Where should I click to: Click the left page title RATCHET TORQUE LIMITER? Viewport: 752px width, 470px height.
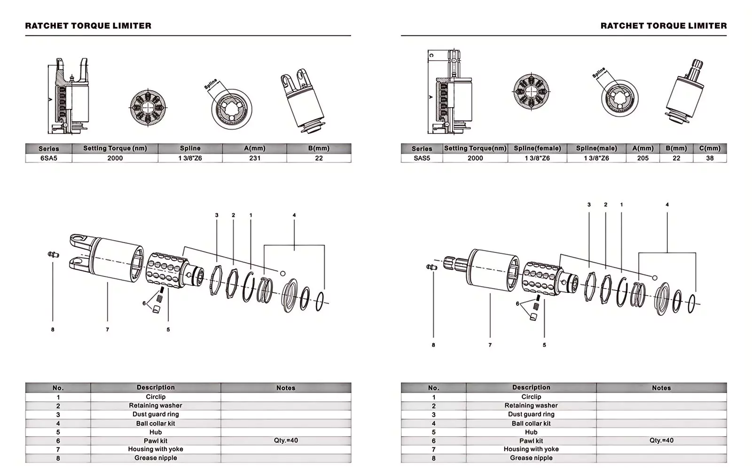click(x=88, y=26)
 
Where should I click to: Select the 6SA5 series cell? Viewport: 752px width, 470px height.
click(x=48, y=158)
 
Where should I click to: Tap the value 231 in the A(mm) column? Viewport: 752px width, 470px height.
click(x=255, y=158)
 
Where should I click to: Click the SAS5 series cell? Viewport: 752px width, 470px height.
click(x=422, y=158)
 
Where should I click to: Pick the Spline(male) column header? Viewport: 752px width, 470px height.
click(x=596, y=149)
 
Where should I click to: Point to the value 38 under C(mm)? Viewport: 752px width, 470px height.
click(x=710, y=158)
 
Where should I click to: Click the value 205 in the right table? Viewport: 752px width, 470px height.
click(x=642, y=158)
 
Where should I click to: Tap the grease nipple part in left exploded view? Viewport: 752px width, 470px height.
click(x=53, y=255)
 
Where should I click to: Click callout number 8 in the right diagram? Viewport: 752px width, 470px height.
click(x=433, y=345)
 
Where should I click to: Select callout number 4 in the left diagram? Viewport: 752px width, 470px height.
click(x=294, y=215)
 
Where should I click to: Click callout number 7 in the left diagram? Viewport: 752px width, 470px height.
click(x=108, y=329)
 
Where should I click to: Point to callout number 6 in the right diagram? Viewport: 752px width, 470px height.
click(x=517, y=304)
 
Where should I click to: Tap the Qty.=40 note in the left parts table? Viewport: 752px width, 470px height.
click(x=286, y=440)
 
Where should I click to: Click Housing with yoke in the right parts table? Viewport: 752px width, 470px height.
click(x=531, y=449)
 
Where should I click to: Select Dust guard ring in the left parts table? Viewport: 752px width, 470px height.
click(x=156, y=415)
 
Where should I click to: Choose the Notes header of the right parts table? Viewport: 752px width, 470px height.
click(x=661, y=388)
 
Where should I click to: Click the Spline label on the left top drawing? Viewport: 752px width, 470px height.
click(x=211, y=84)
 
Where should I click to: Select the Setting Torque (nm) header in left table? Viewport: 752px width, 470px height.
click(x=115, y=149)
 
